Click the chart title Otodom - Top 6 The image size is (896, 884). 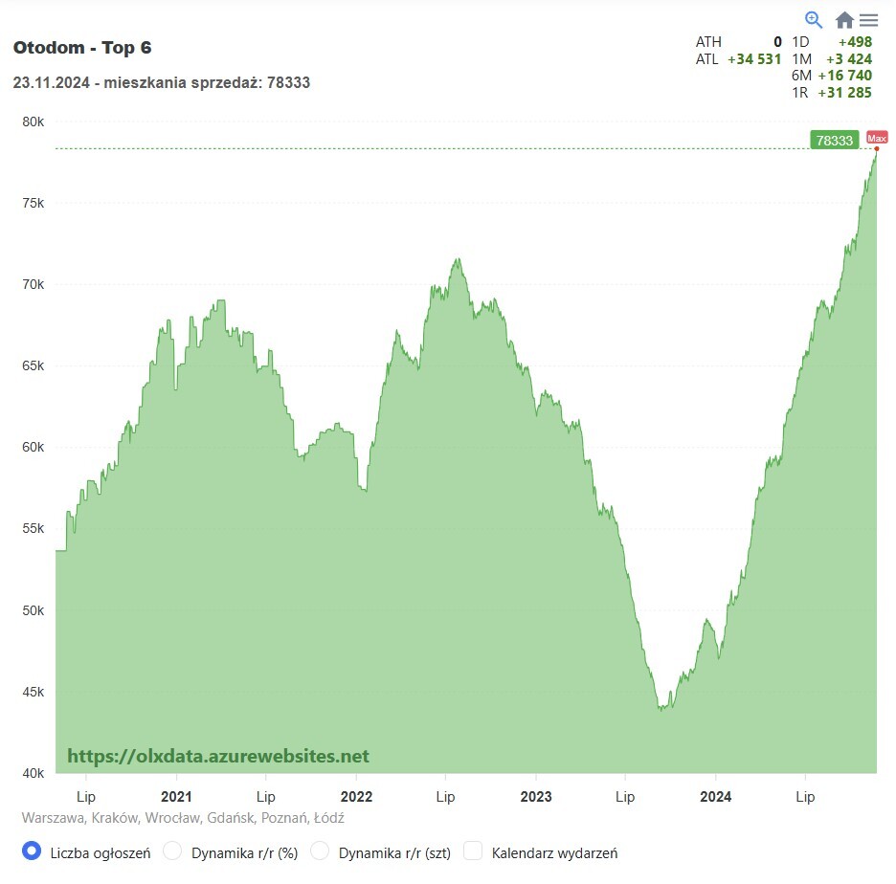82,48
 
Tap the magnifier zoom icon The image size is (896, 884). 814,19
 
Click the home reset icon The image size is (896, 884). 844,20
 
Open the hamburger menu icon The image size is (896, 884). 868,20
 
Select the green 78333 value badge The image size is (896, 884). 833,141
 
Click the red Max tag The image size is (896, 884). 877,138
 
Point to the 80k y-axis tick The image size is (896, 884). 34,122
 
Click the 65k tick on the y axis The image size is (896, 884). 34,366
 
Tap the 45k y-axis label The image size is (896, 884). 34,692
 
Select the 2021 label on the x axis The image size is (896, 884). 176,796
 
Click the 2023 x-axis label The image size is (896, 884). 536,796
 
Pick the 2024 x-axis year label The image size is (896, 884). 716,796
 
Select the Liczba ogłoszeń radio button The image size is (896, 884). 32,851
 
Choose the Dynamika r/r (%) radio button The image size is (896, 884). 173,851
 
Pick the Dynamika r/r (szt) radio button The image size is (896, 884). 321,851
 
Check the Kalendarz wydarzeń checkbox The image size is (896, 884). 473,851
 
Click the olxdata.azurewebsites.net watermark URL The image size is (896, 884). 218,756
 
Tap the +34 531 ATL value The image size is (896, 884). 754,59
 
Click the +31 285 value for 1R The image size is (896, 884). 844,93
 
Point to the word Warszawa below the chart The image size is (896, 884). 53,818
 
